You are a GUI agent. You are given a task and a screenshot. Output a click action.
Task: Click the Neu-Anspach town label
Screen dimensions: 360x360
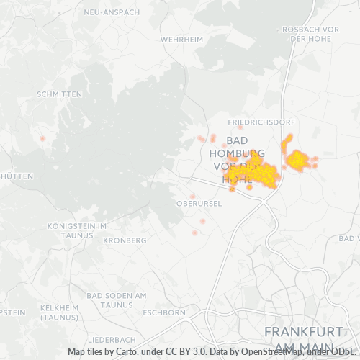[112, 12]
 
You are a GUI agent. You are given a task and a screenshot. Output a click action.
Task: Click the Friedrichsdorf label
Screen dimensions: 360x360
[256, 122]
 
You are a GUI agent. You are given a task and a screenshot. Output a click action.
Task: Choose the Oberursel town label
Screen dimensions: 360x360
[197, 203]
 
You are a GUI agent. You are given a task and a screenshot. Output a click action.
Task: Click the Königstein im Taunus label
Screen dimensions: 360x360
[76, 230]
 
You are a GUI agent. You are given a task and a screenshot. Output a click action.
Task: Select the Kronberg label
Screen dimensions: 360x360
[125, 240]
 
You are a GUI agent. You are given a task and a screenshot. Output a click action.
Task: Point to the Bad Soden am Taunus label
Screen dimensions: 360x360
[116, 300]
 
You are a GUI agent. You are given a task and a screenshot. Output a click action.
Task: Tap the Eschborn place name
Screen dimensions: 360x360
[165, 313]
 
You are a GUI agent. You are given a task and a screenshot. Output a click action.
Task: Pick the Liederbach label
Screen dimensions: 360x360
[111, 338]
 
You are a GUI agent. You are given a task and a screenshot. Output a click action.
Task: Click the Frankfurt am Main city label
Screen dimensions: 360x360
[303, 338]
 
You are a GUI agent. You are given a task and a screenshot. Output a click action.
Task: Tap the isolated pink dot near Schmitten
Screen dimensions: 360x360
[43, 138]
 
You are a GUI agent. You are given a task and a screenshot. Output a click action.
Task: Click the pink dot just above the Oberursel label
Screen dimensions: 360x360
[192, 196]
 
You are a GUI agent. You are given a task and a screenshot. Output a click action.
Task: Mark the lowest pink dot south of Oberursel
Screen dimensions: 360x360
[194, 233]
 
